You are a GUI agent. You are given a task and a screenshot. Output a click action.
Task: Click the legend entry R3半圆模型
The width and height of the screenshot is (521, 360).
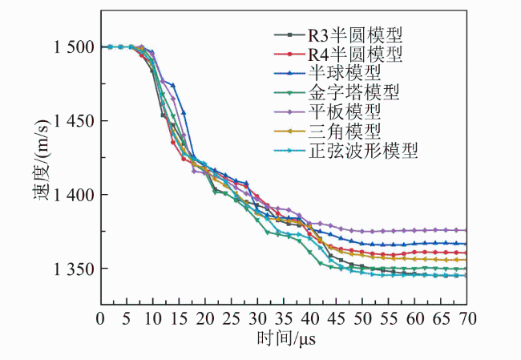coord(338,35)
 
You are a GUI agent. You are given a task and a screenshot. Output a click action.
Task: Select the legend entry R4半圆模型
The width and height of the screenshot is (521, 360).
coord(338,55)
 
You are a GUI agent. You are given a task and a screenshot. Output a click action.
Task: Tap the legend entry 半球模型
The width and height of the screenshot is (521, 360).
coord(328,73)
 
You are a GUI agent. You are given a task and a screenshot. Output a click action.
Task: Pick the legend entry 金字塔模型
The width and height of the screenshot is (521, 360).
coord(337,93)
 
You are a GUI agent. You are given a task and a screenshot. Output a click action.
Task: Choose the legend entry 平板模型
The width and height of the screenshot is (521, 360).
coord(328,112)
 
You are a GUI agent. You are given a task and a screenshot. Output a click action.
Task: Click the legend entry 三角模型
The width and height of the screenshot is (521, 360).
coord(328,131)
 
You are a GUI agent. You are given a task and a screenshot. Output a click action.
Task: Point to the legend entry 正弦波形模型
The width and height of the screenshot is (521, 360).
coord(346,151)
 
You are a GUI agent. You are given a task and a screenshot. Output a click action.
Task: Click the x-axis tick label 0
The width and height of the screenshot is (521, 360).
coord(100,319)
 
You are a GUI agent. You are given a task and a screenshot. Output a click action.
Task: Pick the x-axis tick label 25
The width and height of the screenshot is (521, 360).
coord(232,319)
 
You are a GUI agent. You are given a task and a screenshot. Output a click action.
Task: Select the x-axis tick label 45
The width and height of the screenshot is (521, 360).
coord(336,319)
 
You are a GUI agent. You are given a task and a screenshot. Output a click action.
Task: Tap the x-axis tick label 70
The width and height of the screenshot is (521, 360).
coord(466,319)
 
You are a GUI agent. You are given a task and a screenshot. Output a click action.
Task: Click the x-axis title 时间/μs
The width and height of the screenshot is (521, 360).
coord(286,339)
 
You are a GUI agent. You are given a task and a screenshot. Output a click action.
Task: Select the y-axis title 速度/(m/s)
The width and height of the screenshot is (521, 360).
coord(41,160)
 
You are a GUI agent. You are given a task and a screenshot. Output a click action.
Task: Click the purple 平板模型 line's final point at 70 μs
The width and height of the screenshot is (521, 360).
coord(466,230)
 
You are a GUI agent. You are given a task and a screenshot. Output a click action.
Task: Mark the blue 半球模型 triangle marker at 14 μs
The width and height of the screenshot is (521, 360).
coord(173,86)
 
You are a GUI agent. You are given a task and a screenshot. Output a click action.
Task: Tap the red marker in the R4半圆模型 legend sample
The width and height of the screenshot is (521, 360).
coord(289,55)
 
